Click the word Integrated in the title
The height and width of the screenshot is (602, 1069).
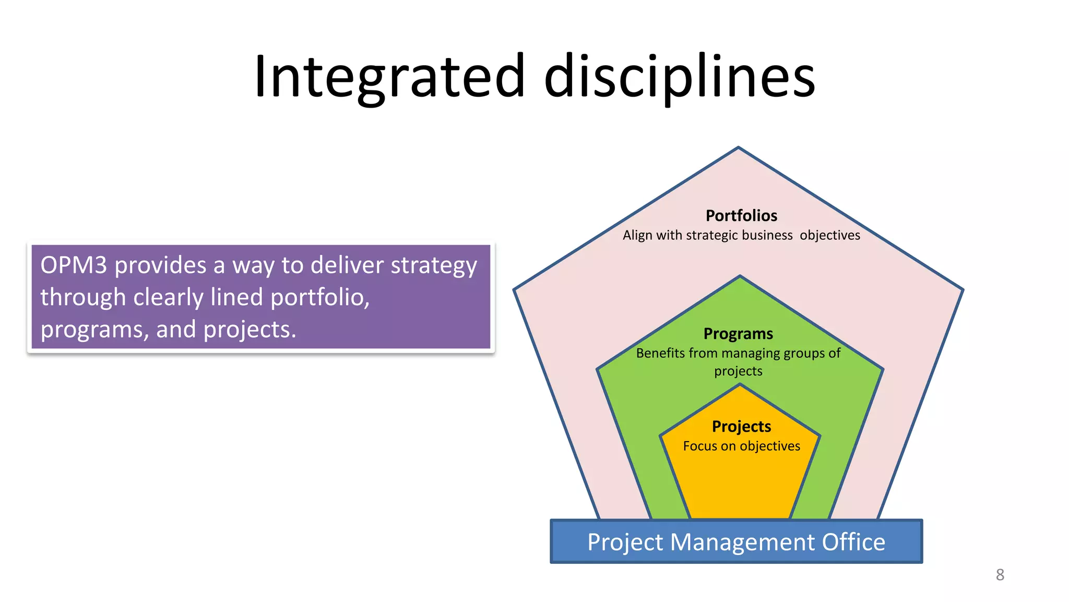[x=389, y=77]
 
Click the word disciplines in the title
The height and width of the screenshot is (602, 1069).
[x=679, y=77]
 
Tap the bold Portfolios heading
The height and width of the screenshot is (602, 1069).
[x=741, y=216]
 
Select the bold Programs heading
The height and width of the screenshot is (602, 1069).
[x=738, y=334]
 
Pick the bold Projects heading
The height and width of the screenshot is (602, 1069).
[x=741, y=427]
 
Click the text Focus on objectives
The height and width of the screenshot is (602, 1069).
[x=741, y=446]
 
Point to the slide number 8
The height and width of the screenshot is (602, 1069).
[x=1000, y=575]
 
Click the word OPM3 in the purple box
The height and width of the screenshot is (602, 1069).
[x=74, y=265]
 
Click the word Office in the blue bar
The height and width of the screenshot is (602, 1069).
[x=853, y=542]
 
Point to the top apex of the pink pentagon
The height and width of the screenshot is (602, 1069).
[x=738, y=148]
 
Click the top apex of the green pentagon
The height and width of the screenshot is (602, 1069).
[x=740, y=276]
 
